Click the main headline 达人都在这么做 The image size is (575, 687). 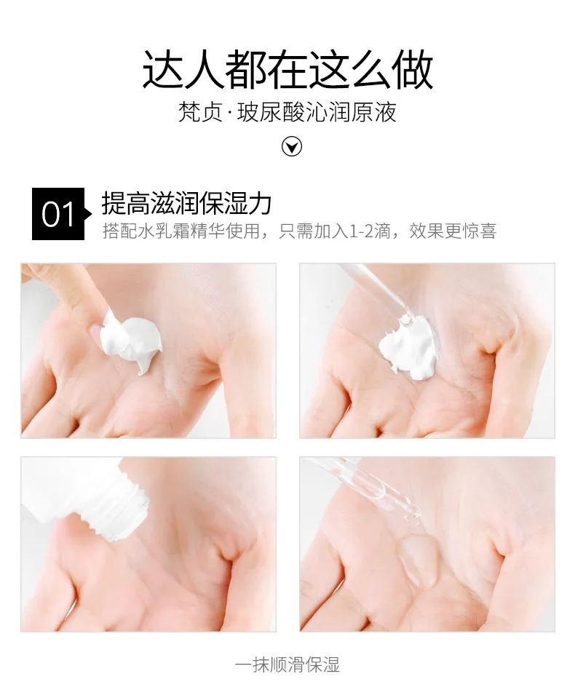287,70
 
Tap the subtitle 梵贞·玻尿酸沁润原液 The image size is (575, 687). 287,112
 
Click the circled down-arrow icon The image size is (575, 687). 291,146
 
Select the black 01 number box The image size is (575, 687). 58,214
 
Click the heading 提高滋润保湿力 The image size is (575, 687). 186,203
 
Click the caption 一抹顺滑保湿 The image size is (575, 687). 287,664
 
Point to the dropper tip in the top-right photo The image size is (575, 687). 406,319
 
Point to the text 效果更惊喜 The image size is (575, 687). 453,231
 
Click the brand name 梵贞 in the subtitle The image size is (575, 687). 200,112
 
